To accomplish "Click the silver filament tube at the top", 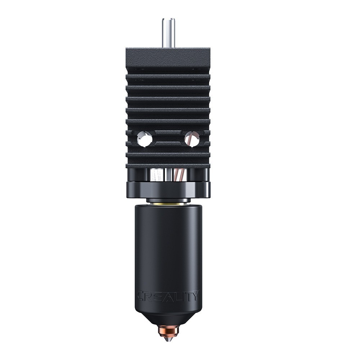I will [x=168, y=32].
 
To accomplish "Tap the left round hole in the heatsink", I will [x=145, y=139].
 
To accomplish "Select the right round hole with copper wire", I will [x=192, y=139].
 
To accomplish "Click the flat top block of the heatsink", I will [x=168, y=58].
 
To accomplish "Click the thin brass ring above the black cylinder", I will [x=168, y=204].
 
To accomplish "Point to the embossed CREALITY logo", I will [x=168, y=296].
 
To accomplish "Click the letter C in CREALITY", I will [x=140, y=296].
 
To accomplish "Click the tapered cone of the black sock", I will [x=168, y=319].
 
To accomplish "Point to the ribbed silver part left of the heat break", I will [x=156, y=175].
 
